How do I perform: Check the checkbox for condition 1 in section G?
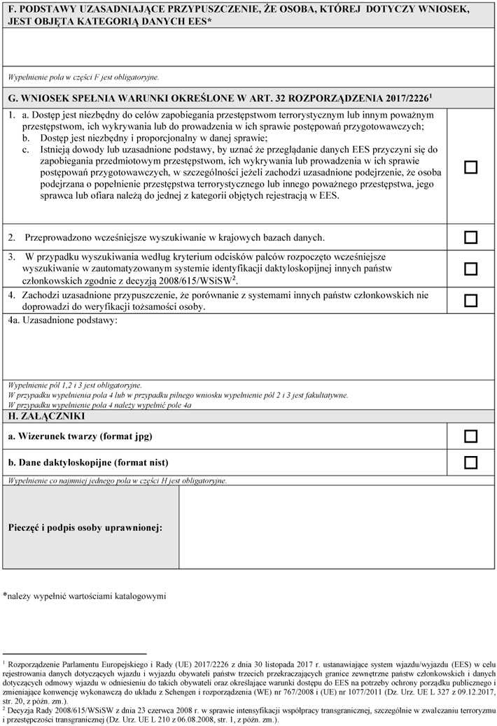[x=471, y=167]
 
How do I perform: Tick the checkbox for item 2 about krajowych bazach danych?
[x=471, y=238]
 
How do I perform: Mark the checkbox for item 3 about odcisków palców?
[x=471, y=269]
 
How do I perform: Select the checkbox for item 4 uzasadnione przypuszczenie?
[x=471, y=301]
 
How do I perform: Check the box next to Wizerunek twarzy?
[x=471, y=436]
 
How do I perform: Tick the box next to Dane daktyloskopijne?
[x=471, y=462]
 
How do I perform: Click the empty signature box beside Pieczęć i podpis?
[x=336, y=527]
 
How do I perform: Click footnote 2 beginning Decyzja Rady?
[x=248, y=713]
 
